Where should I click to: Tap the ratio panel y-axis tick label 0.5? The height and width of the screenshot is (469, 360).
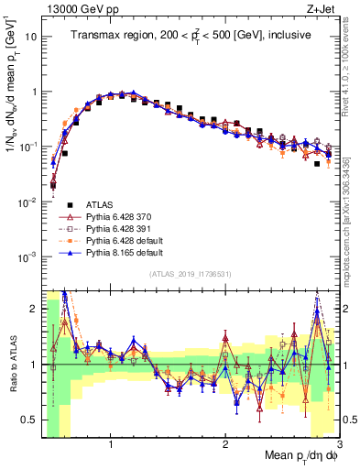[x=29, y=420]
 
